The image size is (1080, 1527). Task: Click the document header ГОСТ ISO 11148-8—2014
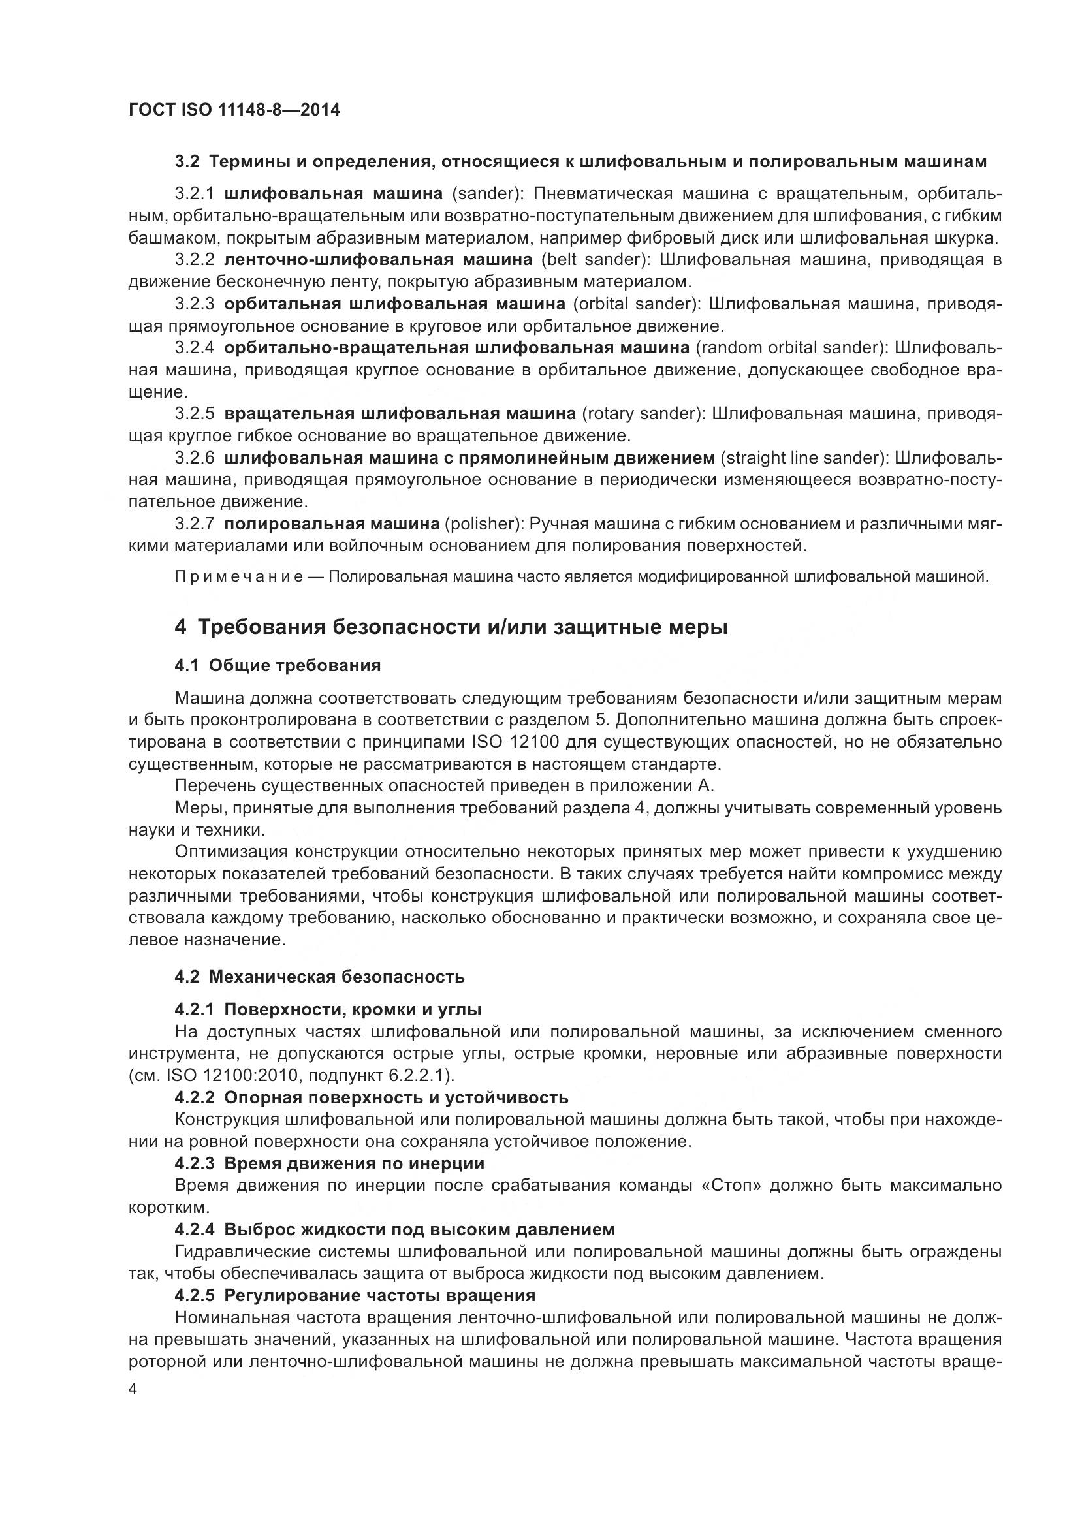[234, 110]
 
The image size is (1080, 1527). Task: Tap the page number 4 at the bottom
[133, 1389]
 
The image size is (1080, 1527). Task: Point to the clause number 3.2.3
[194, 304]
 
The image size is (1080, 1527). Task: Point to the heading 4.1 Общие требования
[278, 666]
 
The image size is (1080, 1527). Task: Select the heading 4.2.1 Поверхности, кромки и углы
[328, 1009]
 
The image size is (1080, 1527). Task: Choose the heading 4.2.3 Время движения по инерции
[329, 1163]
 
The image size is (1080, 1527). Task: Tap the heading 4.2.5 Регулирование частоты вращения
[355, 1295]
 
